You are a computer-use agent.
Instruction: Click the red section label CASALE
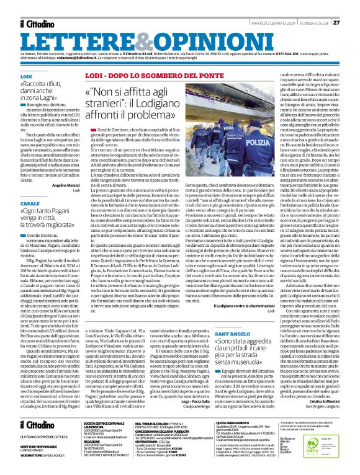tap(29, 203)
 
